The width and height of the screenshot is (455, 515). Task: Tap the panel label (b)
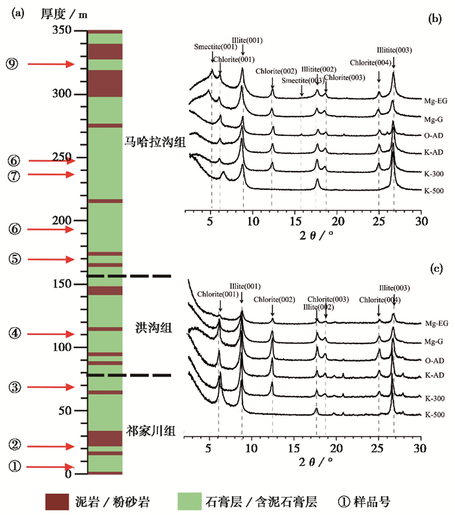(434, 20)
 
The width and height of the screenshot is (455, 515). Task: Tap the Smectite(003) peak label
(302, 81)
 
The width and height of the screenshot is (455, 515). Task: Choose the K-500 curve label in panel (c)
(433, 414)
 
